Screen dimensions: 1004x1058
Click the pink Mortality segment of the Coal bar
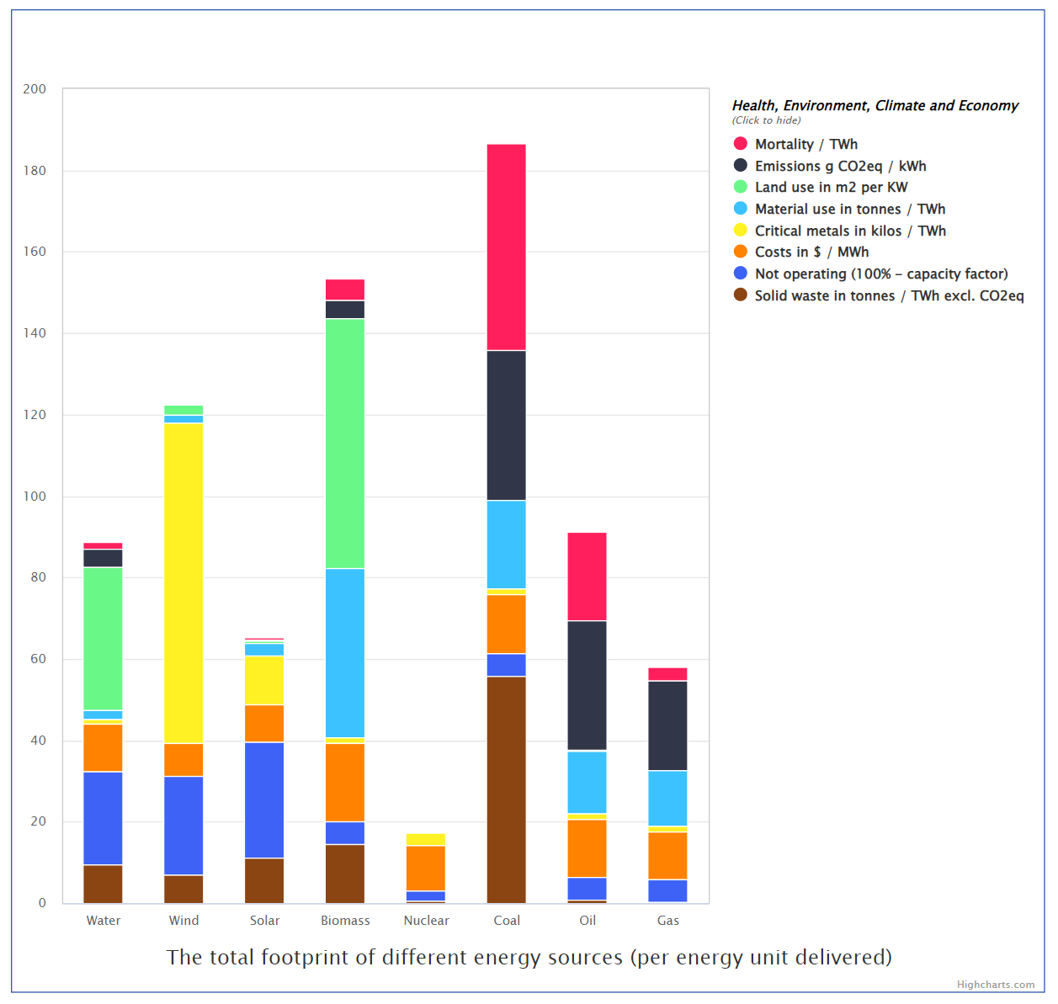pyautogui.click(x=506, y=247)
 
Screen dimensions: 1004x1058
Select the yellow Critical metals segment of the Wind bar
pyautogui.click(x=183, y=582)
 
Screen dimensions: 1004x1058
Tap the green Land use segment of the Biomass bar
pyautogui.click(x=345, y=444)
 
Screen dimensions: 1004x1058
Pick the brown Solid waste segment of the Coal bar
pyautogui.click(x=506, y=789)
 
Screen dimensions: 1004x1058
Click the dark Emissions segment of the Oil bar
pyautogui.click(x=587, y=685)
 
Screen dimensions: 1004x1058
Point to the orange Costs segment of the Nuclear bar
pyautogui.click(x=426, y=868)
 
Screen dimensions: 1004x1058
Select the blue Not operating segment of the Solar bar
pyautogui.click(x=264, y=799)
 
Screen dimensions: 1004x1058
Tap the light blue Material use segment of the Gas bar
pyautogui.click(x=667, y=798)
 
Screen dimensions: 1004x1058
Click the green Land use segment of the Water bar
pyautogui.click(x=103, y=639)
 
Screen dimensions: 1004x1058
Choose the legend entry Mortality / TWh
pyautogui.click(x=805, y=145)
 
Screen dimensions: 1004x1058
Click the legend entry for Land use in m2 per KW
pyautogui.click(x=830, y=188)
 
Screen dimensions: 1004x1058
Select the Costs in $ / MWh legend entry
pyautogui.click(x=811, y=252)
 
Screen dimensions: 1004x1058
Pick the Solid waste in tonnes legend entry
pyautogui.click(x=888, y=295)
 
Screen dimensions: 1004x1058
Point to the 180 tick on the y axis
pyautogui.click(x=35, y=171)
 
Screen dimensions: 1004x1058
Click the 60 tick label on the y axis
pyautogui.click(x=38, y=659)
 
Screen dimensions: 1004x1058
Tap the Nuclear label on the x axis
pyautogui.click(x=426, y=921)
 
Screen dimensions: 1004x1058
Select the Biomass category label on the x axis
pyautogui.click(x=345, y=921)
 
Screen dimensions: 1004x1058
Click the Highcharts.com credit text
pyautogui.click(x=995, y=985)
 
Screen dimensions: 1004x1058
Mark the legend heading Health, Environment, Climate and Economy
pyautogui.click(x=875, y=106)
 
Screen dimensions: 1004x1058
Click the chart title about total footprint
pyautogui.click(x=529, y=958)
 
